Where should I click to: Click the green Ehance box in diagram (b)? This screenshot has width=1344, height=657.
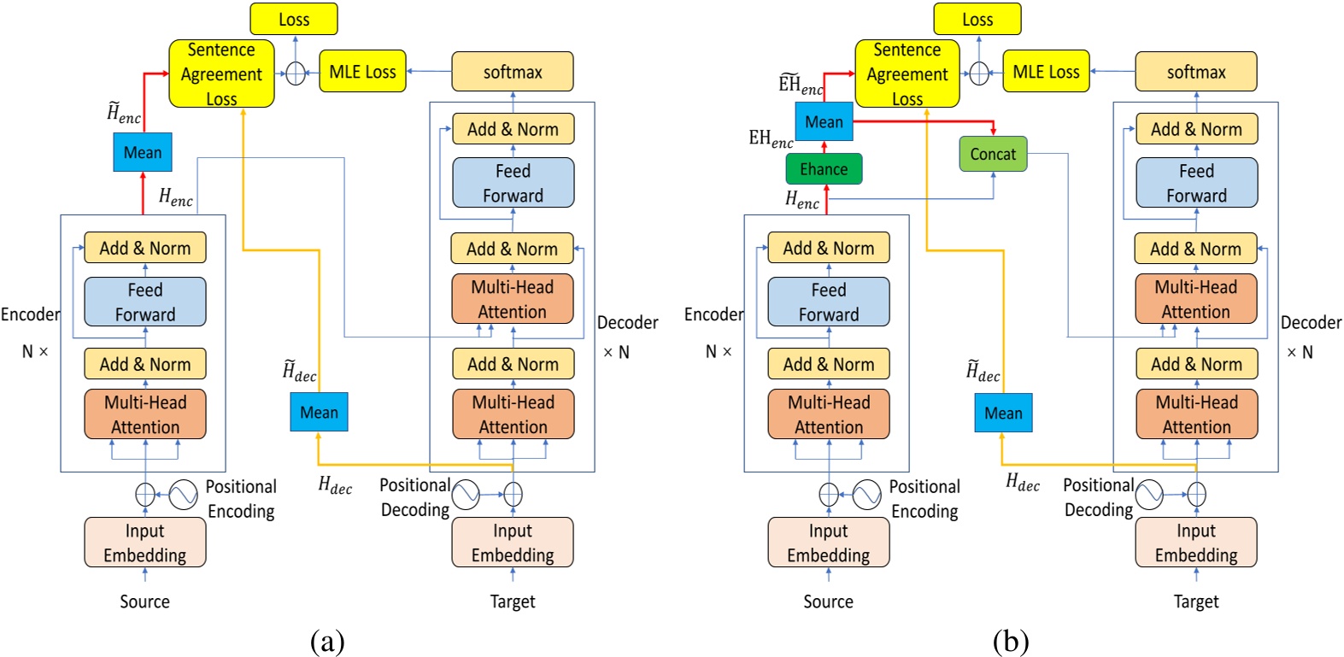pos(824,169)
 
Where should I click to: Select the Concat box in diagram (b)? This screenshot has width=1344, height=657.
pos(993,155)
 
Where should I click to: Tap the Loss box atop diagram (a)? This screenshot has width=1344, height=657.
pos(294,19)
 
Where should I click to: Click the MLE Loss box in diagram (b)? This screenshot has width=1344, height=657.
pos(1046,72)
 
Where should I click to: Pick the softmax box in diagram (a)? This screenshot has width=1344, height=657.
pos(513,72)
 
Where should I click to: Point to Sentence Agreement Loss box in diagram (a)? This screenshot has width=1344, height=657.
pos(221,73)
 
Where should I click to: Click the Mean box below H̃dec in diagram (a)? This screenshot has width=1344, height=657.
pos(319,413)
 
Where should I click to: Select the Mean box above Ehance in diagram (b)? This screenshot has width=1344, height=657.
pos(824,122)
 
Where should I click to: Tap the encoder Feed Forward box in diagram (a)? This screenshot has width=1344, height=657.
pos(145,302)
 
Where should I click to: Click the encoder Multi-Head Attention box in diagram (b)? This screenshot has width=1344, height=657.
pos(829,414)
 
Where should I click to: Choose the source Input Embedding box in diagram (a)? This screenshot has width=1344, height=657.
pos(145,543)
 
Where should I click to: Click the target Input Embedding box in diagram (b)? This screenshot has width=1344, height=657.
pos(1196,543)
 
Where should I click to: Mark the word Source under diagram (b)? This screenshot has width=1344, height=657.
pos(828,601)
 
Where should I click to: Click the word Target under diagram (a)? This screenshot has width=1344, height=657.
pos(513,601)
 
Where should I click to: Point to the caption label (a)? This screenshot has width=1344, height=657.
pos(327,641)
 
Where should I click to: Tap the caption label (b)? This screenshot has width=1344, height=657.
pos(1011,641)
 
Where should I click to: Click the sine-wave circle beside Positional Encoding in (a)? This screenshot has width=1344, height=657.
pos(183,494)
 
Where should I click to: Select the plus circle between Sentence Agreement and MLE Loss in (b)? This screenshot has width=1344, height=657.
pos(979,73)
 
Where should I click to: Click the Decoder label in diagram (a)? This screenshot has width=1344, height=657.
pos(627,323)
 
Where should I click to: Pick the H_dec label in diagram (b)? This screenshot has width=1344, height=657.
pos(1022,483)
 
